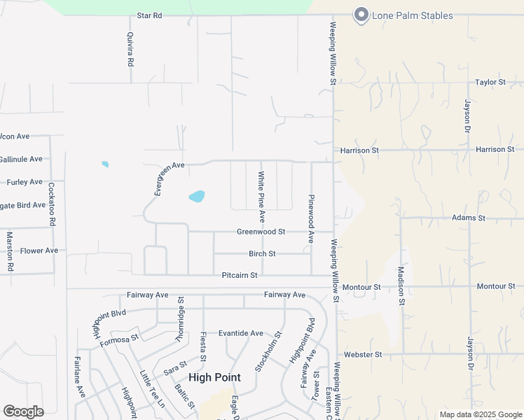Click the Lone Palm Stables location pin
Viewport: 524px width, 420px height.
tap(361, 15)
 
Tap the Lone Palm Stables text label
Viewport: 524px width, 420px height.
tap(413, 15)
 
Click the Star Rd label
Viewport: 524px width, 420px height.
tap(149, 15)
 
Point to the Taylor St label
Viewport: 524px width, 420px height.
tap(490, 82)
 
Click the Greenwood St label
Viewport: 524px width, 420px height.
tap(261, 232)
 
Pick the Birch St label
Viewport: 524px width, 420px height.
tap(262, 253)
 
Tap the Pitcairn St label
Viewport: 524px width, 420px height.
tap(240, 276)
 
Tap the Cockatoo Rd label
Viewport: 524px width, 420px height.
tap(52, 204)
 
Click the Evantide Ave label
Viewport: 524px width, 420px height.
tap(240, 333)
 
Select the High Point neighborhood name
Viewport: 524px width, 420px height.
tap(214, 377)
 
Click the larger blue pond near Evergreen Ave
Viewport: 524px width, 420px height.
tap(197, 197)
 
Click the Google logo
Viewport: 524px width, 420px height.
tap(23, 412)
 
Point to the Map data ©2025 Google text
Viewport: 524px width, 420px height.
tap(480, 414)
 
